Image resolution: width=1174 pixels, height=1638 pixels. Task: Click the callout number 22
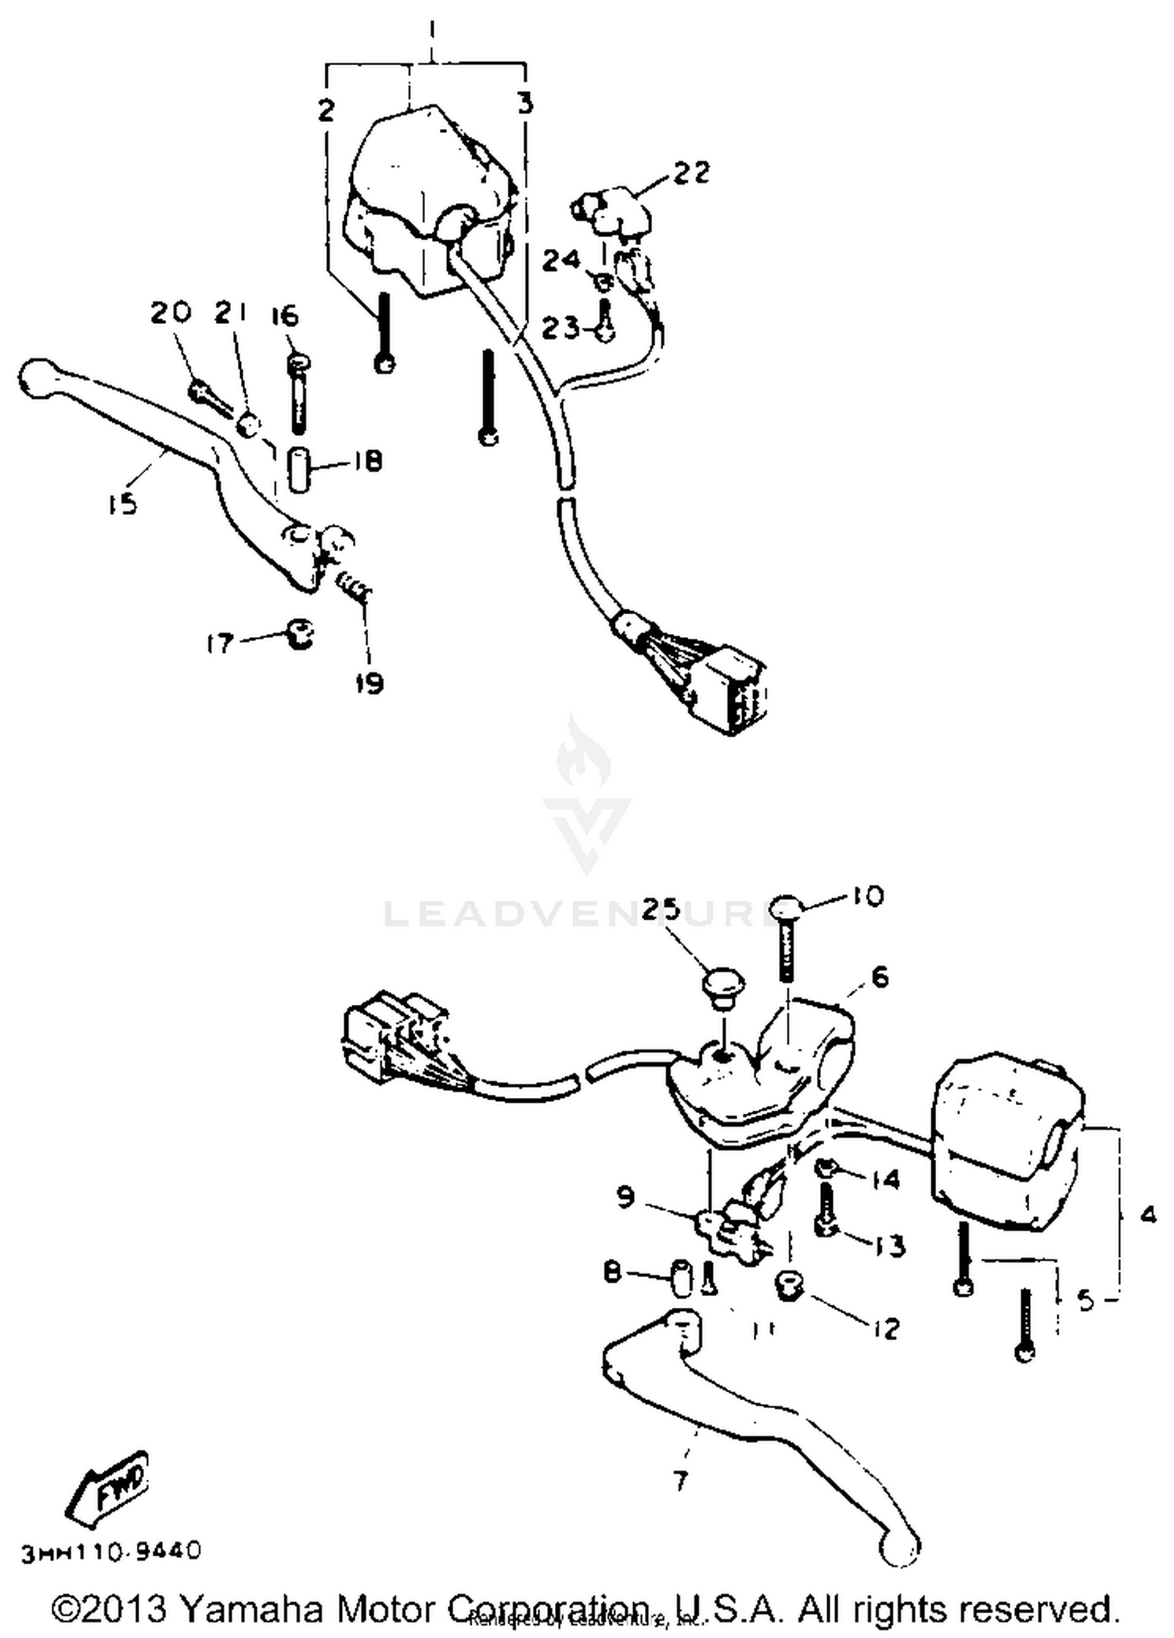691,171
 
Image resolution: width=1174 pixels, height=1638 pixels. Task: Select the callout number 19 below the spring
369,683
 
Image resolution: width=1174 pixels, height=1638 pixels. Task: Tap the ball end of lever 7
899,1547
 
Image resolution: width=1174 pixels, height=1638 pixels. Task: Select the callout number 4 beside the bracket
1148,1215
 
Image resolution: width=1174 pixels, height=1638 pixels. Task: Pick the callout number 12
886,1328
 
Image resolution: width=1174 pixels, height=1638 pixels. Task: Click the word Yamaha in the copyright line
251,1609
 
